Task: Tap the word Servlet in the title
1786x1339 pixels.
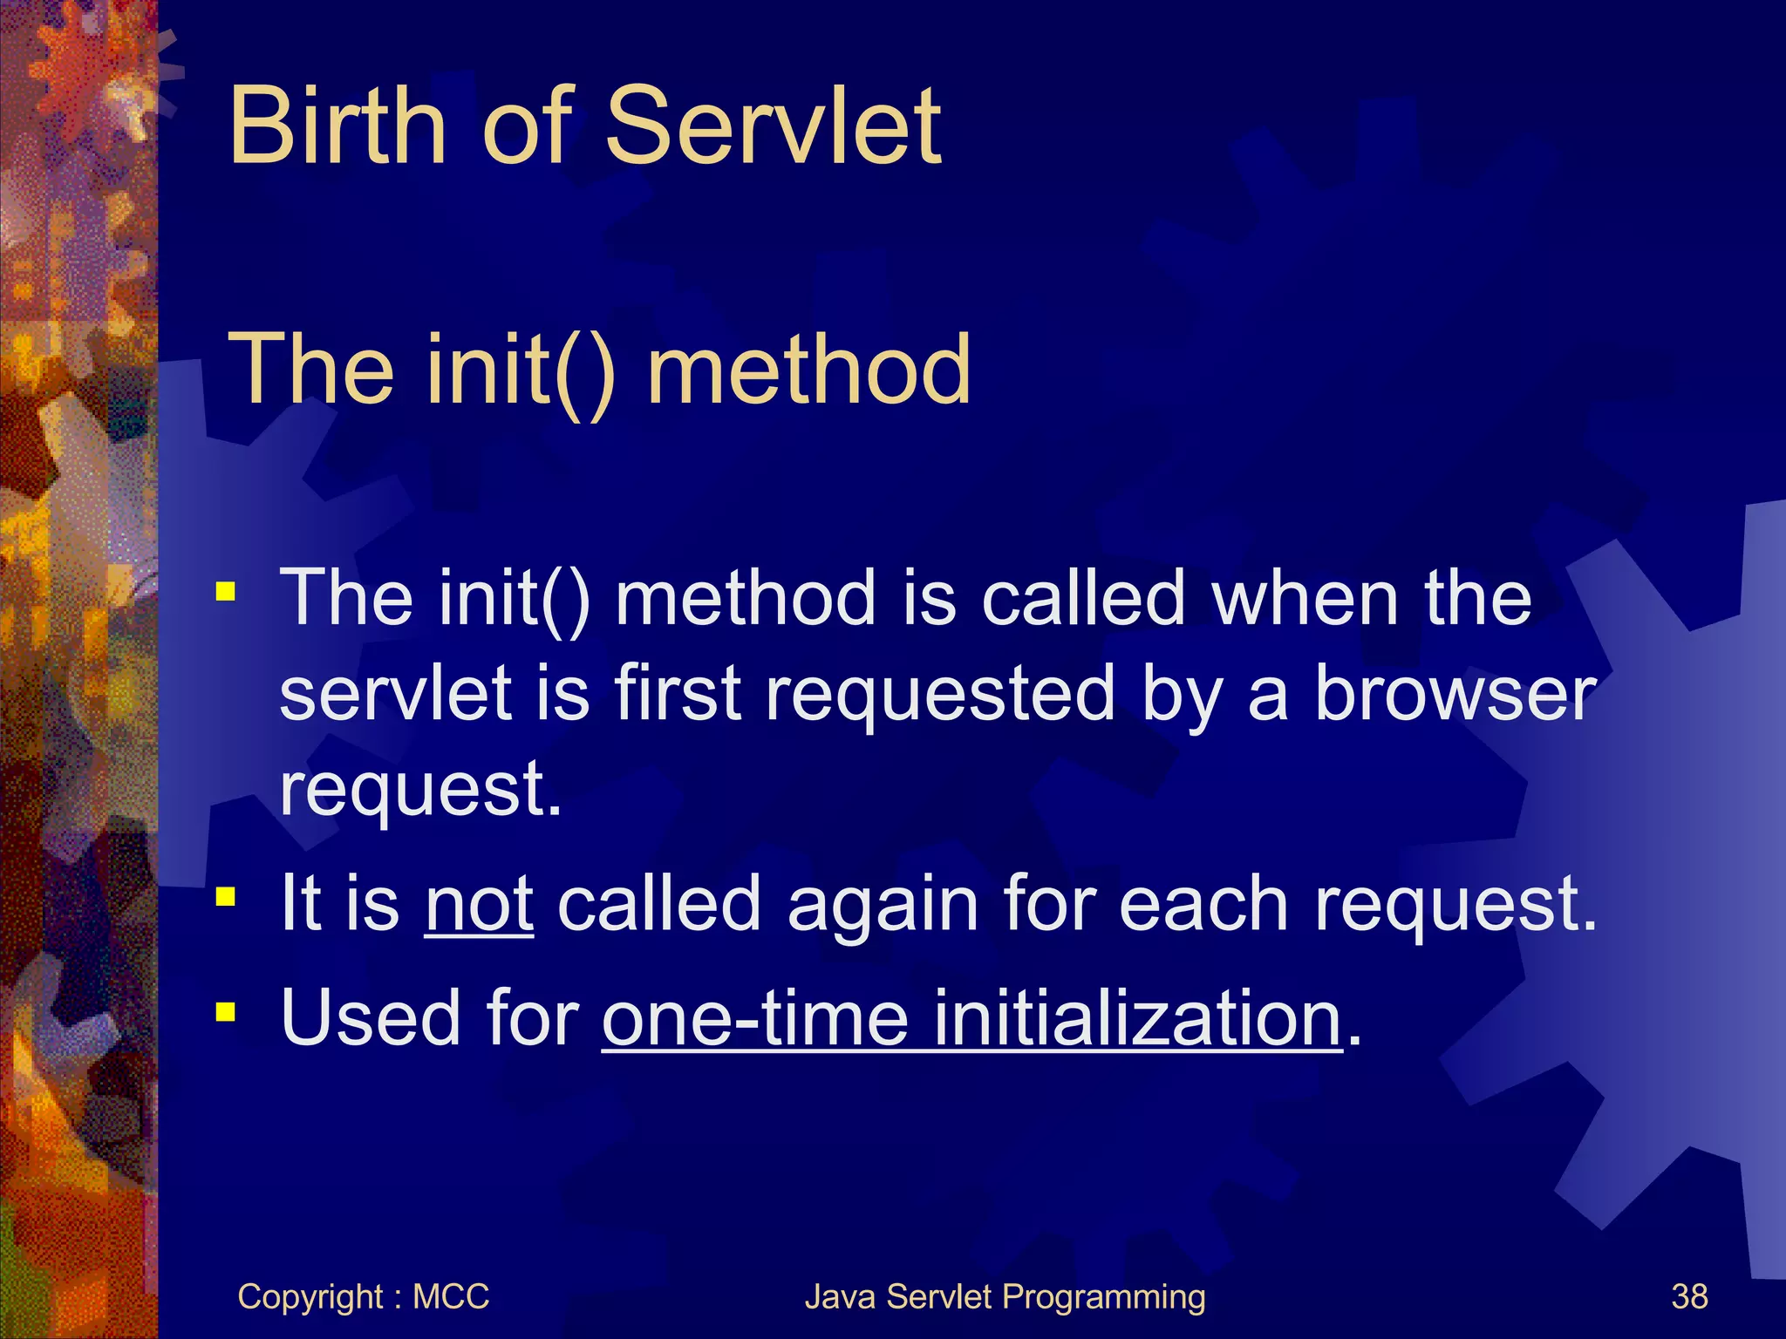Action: [x=772, y=126]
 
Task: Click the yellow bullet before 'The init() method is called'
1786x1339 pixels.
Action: [x=226, y=593]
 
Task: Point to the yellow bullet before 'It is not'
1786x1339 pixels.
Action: [x=226, y=896]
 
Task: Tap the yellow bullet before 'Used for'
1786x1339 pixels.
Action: [x=226, y=1011]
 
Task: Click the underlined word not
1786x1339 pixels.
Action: [x=479, y=905]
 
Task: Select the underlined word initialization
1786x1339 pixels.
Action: [x=1137, y=1018]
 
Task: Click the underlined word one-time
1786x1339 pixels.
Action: [x=755, y=1018]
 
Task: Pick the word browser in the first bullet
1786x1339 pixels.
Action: [x=1455, y=694]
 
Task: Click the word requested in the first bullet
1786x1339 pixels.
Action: [x=940, y=696]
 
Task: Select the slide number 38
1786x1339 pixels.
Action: [x=1689, y=1297]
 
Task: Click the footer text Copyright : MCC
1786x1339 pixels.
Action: [x=363, y=1297]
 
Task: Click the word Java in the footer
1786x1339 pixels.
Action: [x=841, y=1297]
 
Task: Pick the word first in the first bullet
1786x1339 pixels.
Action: [x=678, y=694]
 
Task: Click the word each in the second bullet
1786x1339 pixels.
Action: [x=1203, y=905]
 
